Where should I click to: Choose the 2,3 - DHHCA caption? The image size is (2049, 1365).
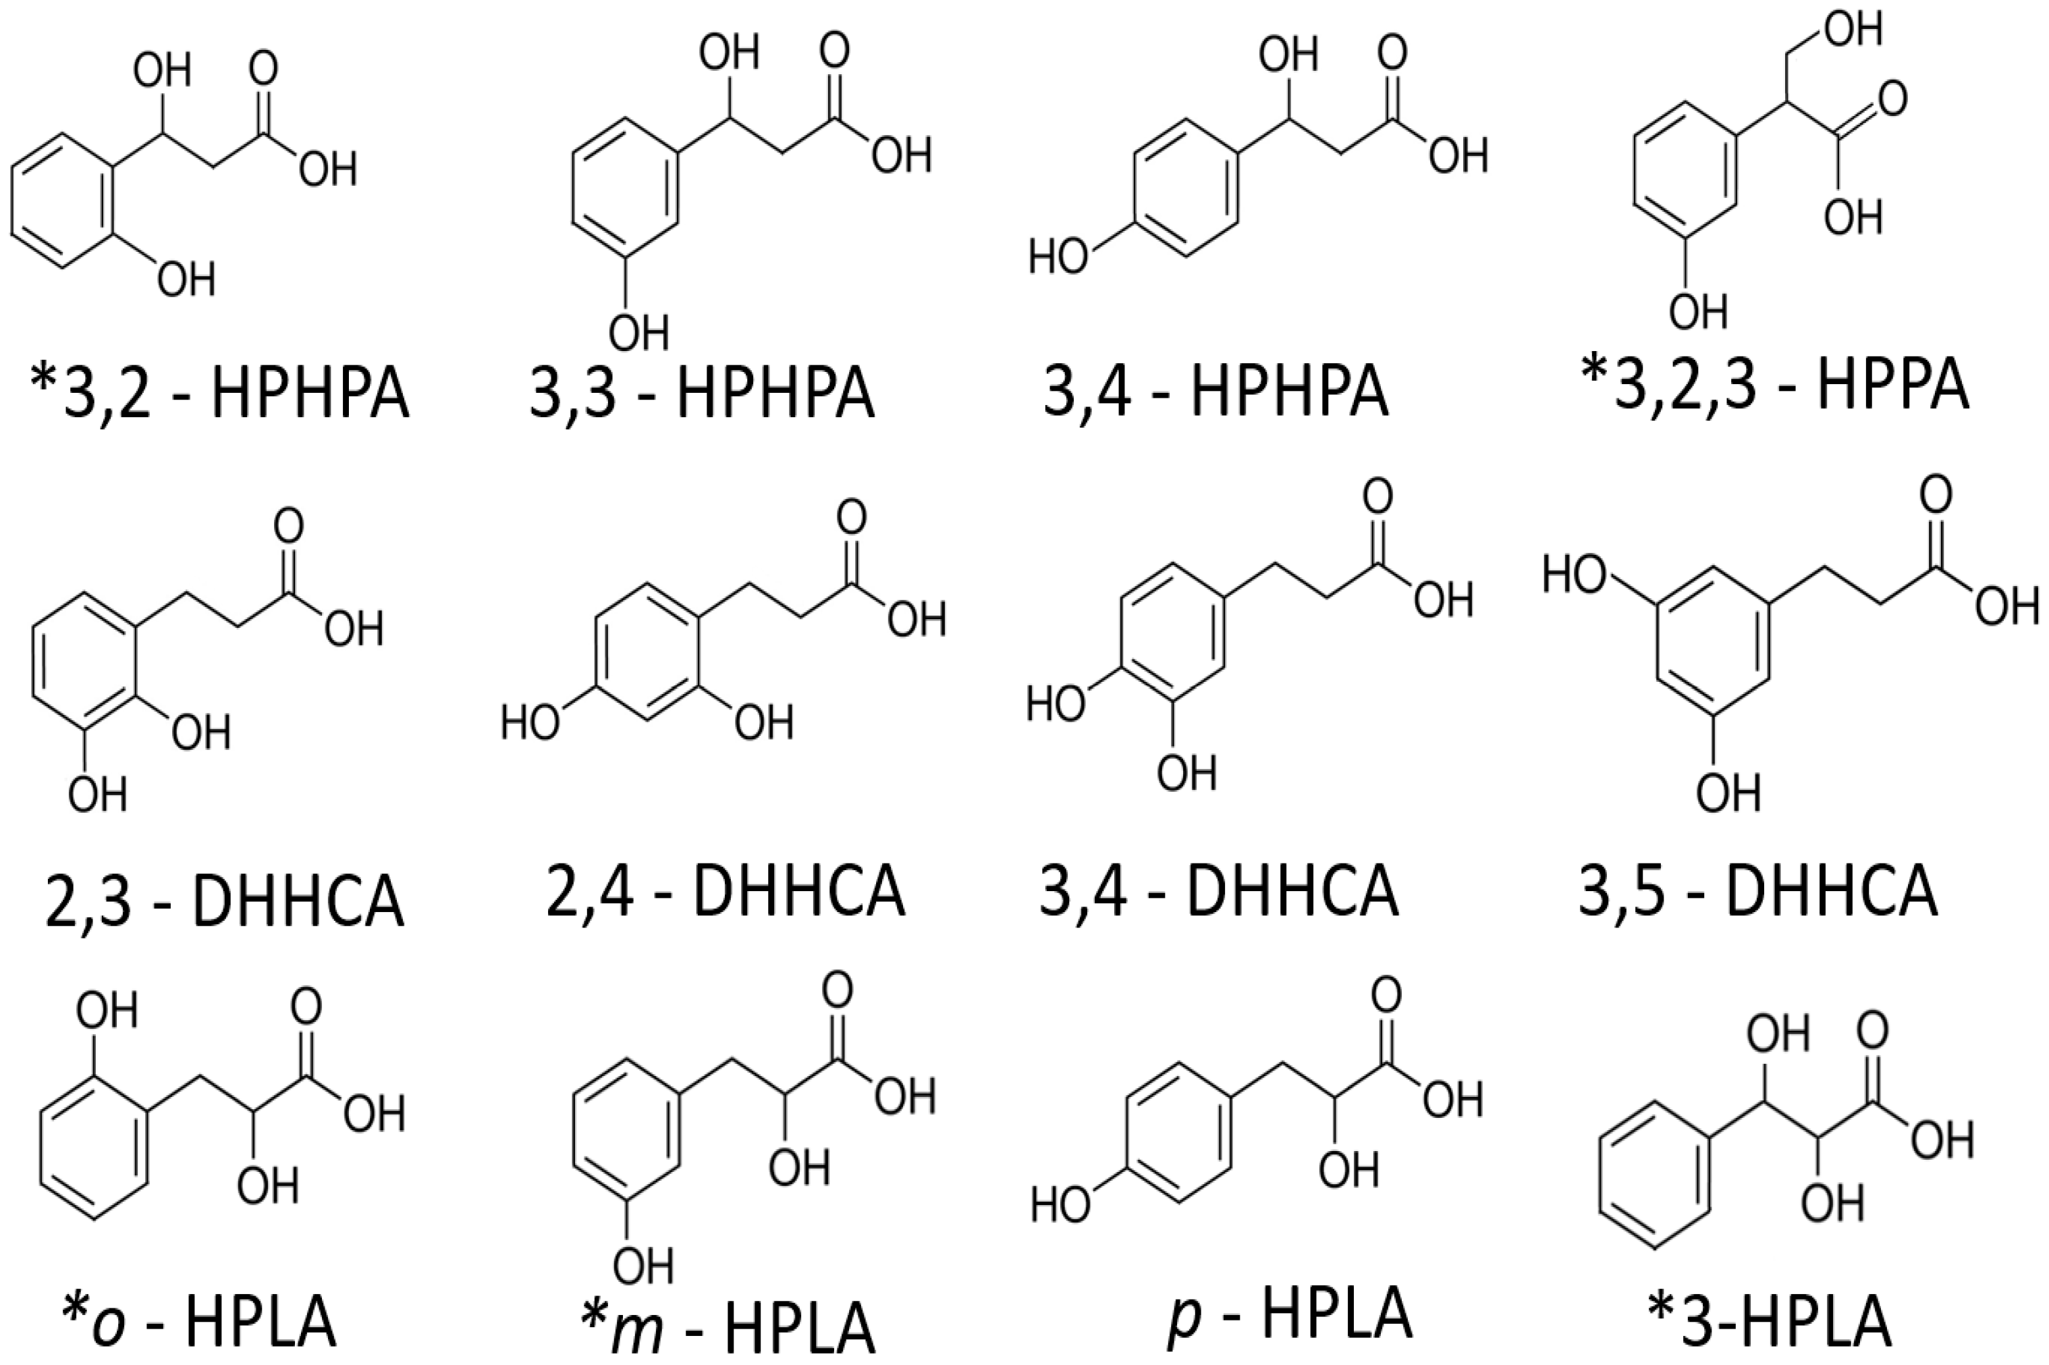click(x=223, y=901)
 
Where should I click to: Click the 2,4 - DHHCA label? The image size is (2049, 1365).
click(x=726, y=892)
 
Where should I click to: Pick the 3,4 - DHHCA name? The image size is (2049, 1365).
click(x=1218, y=892)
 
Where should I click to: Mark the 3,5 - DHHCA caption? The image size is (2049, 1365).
click(x=1757, y=892)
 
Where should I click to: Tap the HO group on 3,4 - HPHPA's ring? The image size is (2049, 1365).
click(x=1057, y=259)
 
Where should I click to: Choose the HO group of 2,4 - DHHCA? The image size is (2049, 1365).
click(x=530, y=722)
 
